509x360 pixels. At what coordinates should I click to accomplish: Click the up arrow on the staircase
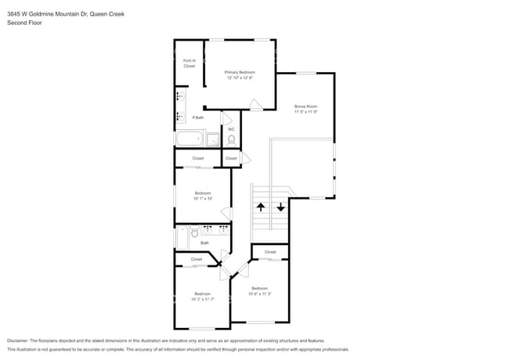[261, 208]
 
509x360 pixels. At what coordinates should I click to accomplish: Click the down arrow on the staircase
[280, 208]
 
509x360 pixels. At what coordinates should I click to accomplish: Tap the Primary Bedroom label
[240, 72]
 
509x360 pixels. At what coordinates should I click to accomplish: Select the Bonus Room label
[305, 106]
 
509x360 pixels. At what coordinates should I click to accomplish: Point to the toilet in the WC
[231, 140]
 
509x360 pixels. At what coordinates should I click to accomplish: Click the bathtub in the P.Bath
[189, 140]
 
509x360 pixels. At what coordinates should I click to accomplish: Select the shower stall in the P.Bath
[213, 140]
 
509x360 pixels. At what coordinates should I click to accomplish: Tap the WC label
[231, 129]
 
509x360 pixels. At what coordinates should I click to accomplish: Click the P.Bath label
[198, 117]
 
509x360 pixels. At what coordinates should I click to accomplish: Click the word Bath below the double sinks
[204, 243]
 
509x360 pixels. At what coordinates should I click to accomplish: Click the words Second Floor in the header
[24, 23]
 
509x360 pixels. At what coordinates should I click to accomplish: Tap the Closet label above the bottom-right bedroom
[270, 252]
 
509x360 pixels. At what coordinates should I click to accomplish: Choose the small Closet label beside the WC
[231, 159]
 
